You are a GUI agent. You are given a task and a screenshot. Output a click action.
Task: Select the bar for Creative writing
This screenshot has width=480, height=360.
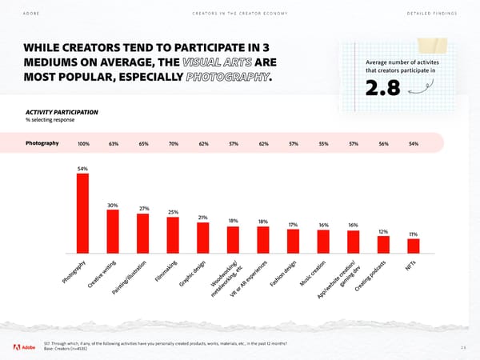[x=113, y=230]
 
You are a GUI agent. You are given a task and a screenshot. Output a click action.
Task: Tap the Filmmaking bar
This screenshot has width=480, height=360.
[x=173, y=234]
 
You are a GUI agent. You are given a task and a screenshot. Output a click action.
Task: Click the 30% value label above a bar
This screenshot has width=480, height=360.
[x=113, y=206]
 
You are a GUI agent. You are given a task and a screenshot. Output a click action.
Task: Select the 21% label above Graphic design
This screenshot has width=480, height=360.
[x=203, y=218]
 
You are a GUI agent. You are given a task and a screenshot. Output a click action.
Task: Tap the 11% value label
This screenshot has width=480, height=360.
[x=413, y=234]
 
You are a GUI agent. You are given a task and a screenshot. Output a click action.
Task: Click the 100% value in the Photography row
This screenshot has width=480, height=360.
[x=83, y=144]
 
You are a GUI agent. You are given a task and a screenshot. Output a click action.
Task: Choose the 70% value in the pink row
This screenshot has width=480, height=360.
[x=173, y=144]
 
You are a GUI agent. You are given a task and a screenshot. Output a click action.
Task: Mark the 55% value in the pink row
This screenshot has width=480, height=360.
[x=323, y=144]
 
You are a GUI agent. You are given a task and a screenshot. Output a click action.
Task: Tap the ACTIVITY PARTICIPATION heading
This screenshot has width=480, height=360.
[x=62, y=111]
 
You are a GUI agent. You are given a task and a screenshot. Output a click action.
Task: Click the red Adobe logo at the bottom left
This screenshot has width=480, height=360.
[x=18, y=346]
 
